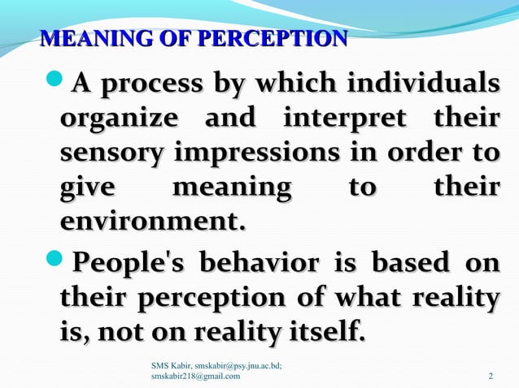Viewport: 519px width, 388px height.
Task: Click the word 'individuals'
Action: point(422,84)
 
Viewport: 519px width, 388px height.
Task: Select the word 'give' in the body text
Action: point(87,188)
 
